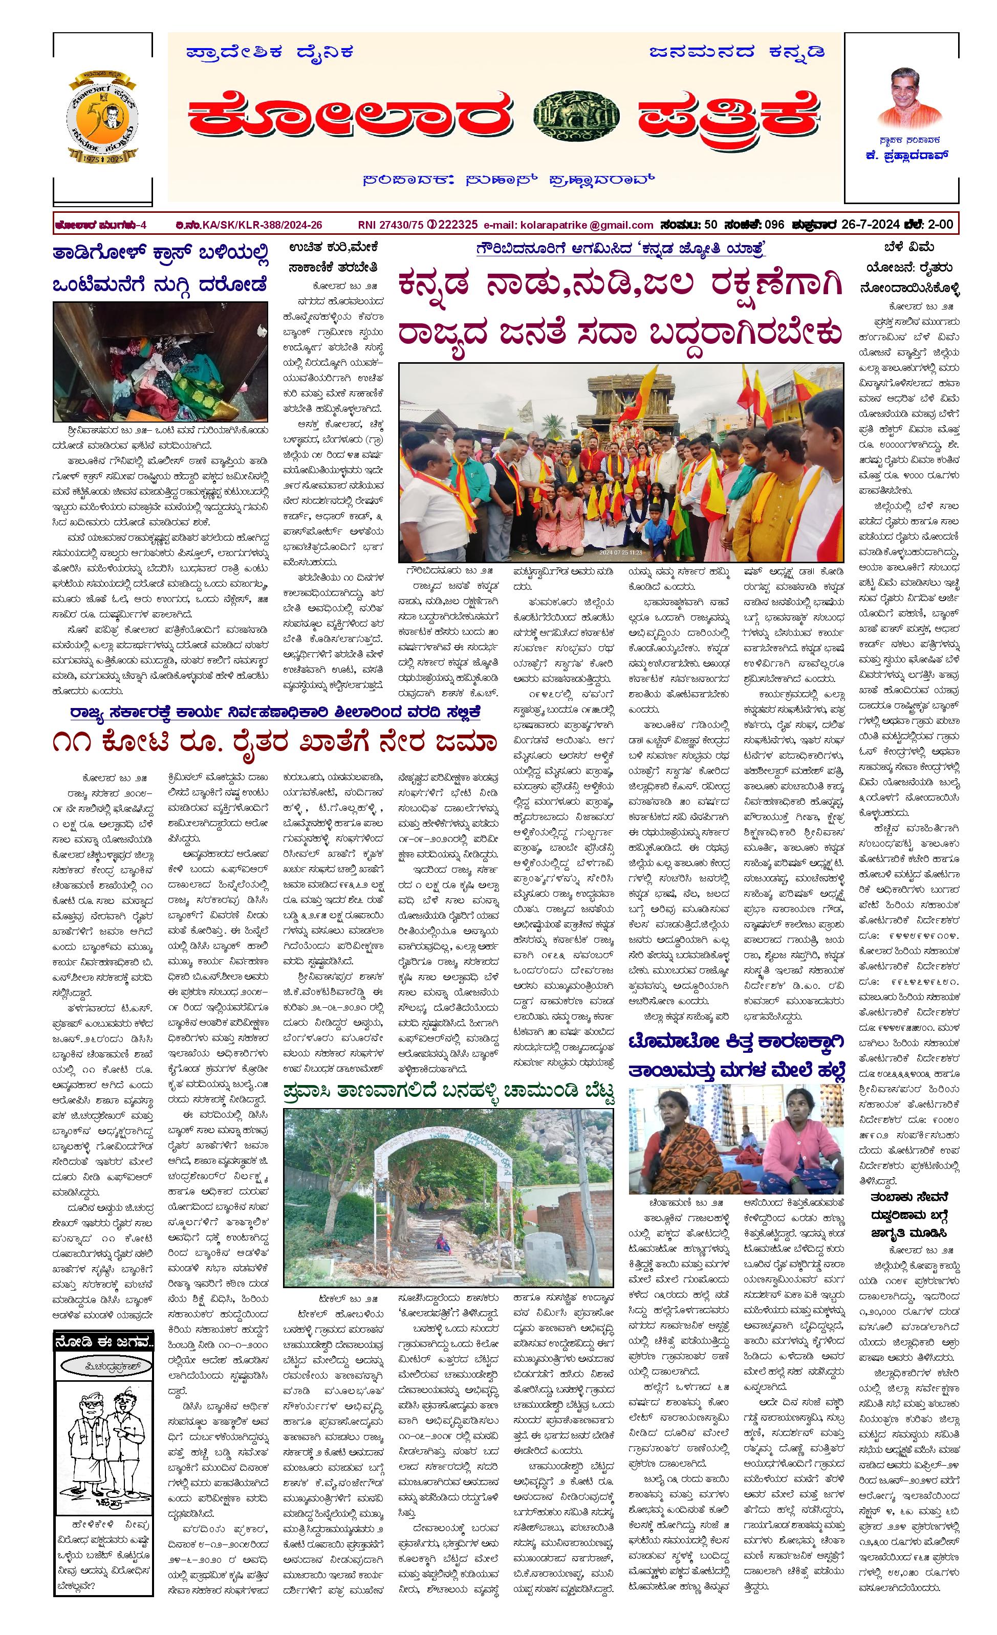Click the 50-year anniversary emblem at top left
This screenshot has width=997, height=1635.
click(x=103, y=117)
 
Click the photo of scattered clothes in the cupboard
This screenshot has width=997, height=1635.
click(x=161, y=362)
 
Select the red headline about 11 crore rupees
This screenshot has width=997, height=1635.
click(x=274, y=742)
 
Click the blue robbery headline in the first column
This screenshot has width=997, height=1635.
click(x=161, y=269)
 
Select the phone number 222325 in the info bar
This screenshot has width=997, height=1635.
click(x=458, y=225)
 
